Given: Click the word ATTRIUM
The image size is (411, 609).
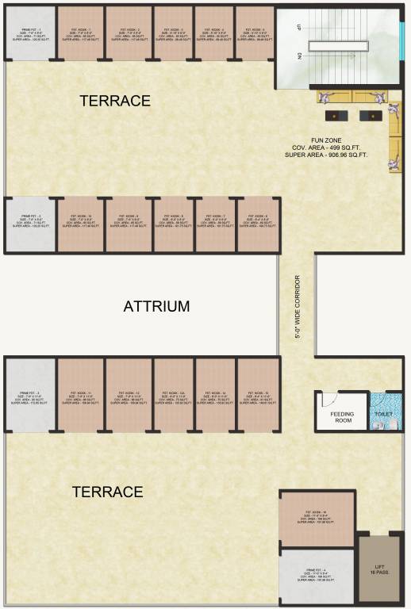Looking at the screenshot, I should pos(156,307).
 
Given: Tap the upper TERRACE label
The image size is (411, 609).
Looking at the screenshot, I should pos(115,101).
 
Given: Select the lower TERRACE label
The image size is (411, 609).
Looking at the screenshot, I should pos(108,492).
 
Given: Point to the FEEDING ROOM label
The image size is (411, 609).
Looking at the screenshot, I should pos(343,417).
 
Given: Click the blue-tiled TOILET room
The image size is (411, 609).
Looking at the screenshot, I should pos(385,412).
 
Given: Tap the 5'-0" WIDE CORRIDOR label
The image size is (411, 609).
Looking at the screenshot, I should pos(298,307).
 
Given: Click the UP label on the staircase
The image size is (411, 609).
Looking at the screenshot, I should pos(298,27).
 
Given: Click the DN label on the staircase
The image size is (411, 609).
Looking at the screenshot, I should pos(298,56).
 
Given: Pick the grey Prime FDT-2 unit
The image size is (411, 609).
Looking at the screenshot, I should pos(31,224).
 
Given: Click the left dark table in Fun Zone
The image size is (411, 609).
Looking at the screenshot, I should pos(337,116).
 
